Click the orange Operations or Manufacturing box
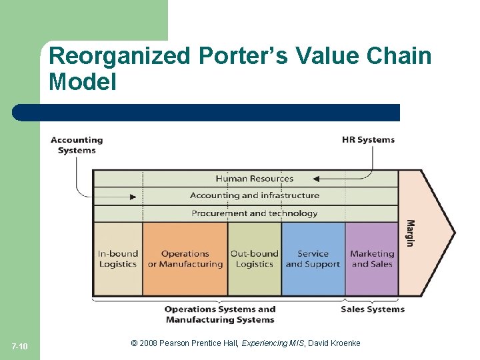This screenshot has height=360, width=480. [x=185, y=259]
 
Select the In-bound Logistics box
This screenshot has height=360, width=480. [x=118, y=259]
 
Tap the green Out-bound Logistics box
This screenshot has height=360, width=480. [x=255, y=259]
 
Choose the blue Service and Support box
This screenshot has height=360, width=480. [x=313, y=259]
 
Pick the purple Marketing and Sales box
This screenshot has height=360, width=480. [x=372, y=259]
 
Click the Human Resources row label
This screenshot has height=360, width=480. [x=254, y=179]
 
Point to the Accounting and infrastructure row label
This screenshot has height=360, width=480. [x=254, y=195]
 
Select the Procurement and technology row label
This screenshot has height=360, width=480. [x=254, y=213]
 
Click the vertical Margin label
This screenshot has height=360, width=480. [x=410, y=233]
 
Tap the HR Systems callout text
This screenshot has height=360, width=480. [x=368, y=140]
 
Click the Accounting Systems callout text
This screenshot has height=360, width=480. [x=77, y=145]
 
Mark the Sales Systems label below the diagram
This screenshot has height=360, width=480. [x=373, y=309]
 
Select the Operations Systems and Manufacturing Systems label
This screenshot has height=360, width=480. [x=219, y=314]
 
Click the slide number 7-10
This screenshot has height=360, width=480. [x=20, y=347]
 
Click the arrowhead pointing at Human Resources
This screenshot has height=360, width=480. [x=316, y=179]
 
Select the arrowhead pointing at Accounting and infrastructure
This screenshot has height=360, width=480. [x=133, y=197]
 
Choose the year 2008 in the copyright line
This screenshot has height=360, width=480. [x=150, y=343]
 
